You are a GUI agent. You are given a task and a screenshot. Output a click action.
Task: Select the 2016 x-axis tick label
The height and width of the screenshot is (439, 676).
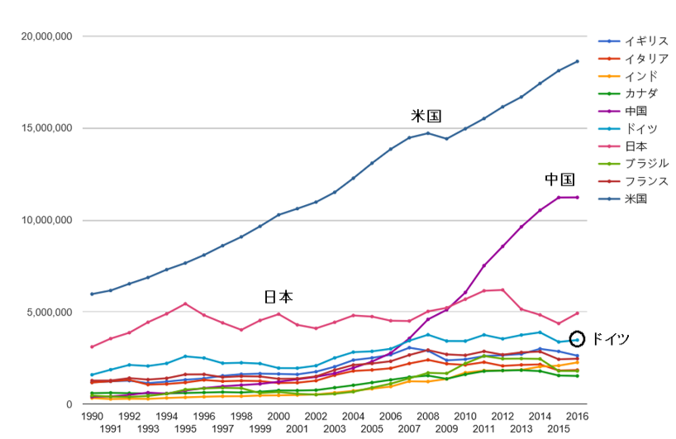(x=578, y=416)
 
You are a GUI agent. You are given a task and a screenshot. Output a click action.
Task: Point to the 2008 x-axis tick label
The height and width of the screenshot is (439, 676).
(x=428, y=416)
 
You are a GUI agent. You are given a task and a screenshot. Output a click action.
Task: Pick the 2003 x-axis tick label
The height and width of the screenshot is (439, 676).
(x=335, y=429)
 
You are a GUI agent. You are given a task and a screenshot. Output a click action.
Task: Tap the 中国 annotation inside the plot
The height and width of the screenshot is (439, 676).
(x=559, y=180)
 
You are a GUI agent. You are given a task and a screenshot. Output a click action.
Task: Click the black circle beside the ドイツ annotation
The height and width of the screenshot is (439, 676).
(x=577, y=338)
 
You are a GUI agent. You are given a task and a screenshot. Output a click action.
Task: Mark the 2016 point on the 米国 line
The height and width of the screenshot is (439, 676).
(x=578, y=61)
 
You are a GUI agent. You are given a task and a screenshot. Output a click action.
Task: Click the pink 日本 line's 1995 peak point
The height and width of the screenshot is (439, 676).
(x=185, y=303)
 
